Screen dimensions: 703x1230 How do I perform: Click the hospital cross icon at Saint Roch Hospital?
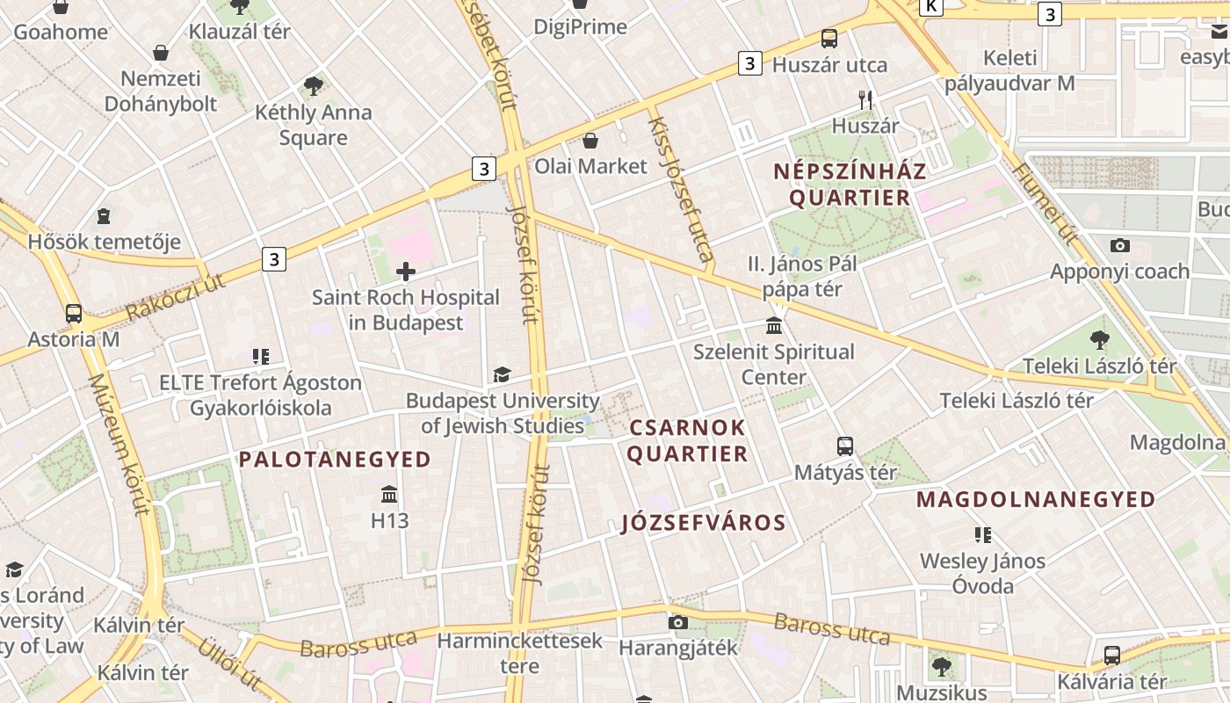(x=406, y=272)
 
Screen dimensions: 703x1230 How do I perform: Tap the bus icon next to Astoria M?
(x=74, y=314)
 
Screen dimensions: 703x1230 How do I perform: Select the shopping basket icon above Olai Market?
(x=590, y=141)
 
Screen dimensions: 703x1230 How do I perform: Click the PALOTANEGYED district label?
(x=335, y=459)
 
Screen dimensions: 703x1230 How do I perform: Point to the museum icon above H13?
(x=389, y=494)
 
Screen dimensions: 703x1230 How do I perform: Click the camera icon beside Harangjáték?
(x=677, y=622)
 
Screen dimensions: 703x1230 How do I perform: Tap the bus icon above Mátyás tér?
(x=845, y=446)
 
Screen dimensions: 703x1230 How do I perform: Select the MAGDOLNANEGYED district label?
(x=1036, y=499)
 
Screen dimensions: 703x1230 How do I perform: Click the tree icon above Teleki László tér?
(x=1099, y=340)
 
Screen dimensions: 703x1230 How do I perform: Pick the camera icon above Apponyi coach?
(x=1119, y=245)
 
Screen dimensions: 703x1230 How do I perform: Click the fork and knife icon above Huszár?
(x=865, y=100)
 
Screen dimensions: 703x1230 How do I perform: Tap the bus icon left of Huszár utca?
(x=828, y=39)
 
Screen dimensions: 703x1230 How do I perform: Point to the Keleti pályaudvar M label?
(x=1009, y=71)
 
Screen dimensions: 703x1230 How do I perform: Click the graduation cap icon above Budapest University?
(x=502, y=375)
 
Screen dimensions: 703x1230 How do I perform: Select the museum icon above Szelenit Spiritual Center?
(x=774, y=326)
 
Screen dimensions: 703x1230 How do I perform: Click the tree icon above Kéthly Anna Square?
(x=313, y=86)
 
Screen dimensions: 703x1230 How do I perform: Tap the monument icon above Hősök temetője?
(x=104, y=216)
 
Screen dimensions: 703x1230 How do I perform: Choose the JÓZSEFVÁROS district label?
(x=703, y=523)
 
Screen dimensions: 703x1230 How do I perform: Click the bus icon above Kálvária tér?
(x=1111, y=655)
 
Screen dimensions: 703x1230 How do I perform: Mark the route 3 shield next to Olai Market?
(x=483, y=168)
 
